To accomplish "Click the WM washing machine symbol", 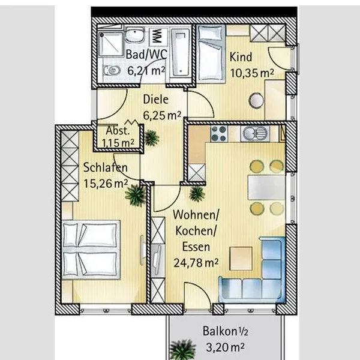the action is (157, 36).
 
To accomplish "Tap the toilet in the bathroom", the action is (112, 70).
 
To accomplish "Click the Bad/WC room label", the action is (146, 55).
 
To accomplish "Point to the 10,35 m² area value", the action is (252, 73).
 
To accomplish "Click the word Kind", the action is (241, 57).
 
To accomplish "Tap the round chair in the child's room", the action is (256, 100).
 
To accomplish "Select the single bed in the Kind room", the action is (211, 53).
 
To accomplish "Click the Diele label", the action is (155, 100).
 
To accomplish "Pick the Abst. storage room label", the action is (118, 131).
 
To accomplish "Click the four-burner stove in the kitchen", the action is (219, 134).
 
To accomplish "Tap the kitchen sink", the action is (255, 134).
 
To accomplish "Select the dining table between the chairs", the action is (266, 187).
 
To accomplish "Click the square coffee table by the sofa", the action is (241, 259).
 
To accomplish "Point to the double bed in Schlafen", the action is (91, 250).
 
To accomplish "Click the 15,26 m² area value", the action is (106, 184).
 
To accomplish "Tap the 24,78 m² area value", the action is (196, 263).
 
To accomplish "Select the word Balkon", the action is (220, 331).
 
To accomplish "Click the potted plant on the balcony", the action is (183, 350).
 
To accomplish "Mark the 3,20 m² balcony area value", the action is (225, 347).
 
